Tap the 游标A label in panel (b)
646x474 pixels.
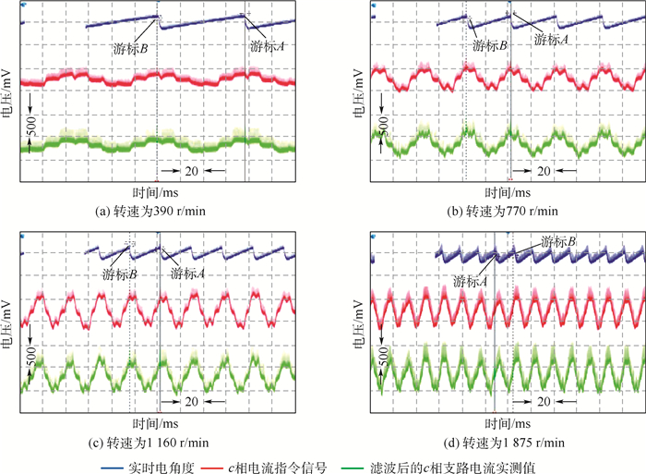[x=551, y=41]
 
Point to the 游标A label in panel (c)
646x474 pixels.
[x=188, y=273]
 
